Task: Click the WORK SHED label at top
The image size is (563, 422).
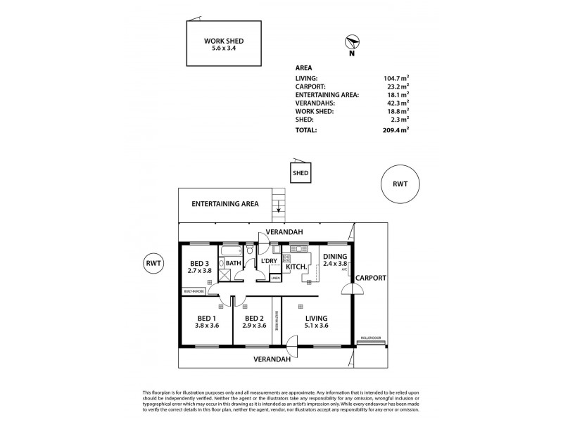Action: pyautogui.click(x=224, y=41)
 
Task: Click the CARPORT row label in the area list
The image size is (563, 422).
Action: pyautogui.click(x=315, y=87)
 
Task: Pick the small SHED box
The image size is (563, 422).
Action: pyautogui.click(x=301, y=173)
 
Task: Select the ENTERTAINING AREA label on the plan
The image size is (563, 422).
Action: pyautogui.click(x=225, y=204)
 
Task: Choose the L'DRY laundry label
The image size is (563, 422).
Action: pyautogui.click(x=270, y=262)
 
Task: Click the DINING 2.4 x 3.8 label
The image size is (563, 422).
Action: pyautogui.click(x=334, y=260)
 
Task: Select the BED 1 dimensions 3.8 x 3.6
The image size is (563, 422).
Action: pyautogui.click(x=207, y=326)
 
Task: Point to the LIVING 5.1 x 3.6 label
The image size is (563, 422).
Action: pyautogui.click(x=317, y=322)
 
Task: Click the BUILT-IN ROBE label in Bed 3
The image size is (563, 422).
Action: pyautogui.click(x=194, y=291)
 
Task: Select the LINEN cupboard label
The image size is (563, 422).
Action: pyautogui.click(x=276, y=278)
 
